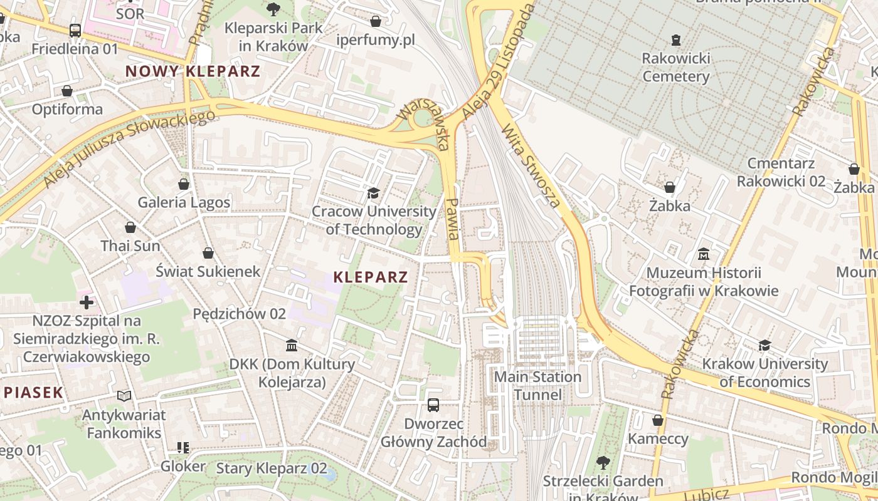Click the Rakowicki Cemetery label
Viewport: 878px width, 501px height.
point(675,68)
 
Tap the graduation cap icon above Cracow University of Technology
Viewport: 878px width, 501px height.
point(374,193)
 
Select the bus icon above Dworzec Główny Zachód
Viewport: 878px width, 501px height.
point(433,405)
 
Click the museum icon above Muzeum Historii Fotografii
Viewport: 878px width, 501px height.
point(704,254)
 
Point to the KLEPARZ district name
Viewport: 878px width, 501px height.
point(371,277)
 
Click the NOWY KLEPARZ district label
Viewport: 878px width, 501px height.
point(193,71)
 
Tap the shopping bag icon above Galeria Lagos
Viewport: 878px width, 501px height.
point(184,184)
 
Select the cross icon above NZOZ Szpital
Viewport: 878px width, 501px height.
point(87,302)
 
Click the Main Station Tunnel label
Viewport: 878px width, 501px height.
point(538,386)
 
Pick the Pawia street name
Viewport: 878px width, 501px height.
point(453,219)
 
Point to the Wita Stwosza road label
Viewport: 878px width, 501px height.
point(531,165)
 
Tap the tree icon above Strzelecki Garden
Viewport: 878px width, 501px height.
point(603,463)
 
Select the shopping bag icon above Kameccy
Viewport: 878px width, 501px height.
point(658,420)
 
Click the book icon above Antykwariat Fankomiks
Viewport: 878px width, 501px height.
point(124,396)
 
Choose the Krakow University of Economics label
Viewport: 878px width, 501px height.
point(764,373)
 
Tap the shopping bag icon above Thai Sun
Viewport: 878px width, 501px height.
point(130,227)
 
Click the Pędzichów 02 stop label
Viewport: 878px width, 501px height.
point(240,313)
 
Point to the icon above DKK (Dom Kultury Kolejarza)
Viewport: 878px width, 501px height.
point(292,346)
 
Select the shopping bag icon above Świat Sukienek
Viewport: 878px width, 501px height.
point(208,253)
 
